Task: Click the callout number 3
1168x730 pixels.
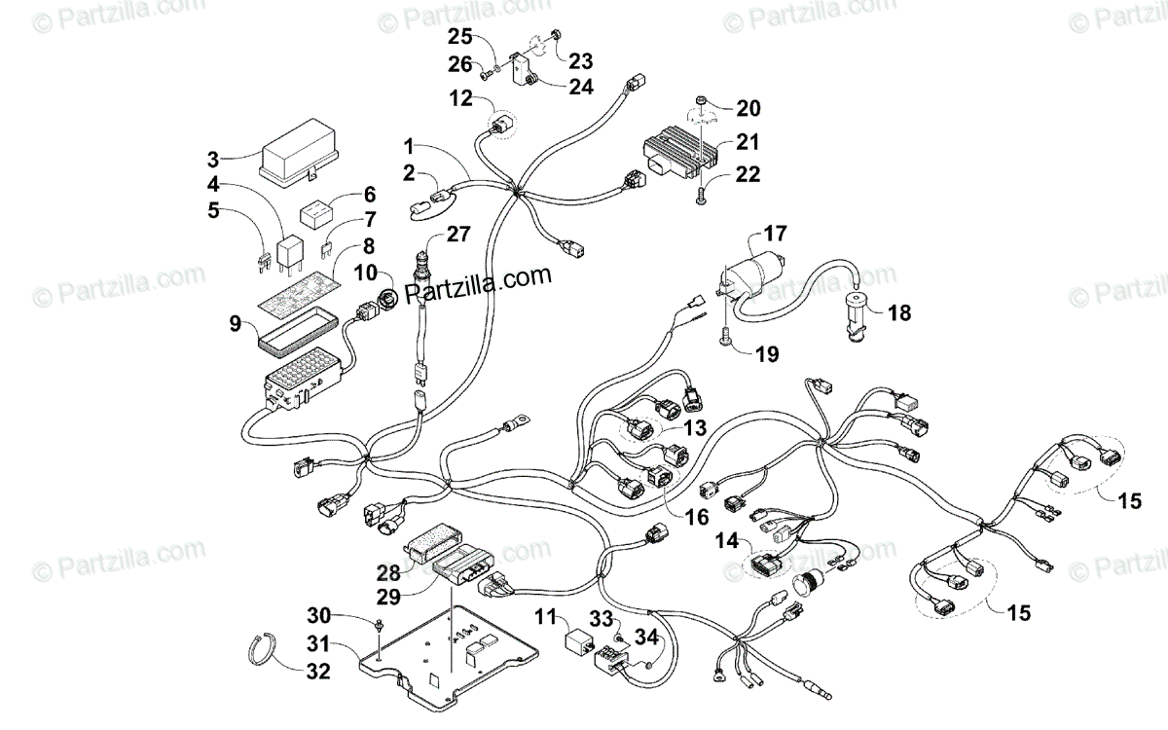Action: pos(213,160)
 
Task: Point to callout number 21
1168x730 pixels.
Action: pos(747,142)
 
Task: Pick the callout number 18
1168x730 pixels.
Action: pos(899,313)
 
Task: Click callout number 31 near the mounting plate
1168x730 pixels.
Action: pos(318,643)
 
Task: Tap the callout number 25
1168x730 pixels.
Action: pos(458,38)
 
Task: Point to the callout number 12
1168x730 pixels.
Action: pos(460,97)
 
